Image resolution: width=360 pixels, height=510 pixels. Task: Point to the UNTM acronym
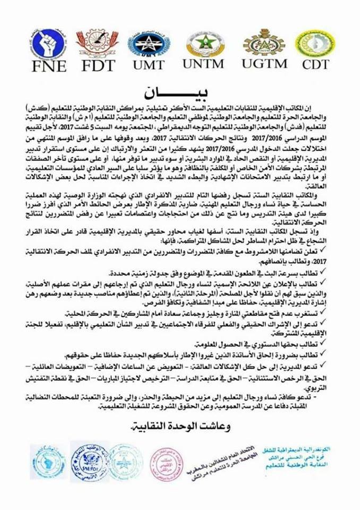[x=205, y=64]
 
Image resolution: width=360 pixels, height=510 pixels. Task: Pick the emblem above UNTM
[x=205, y=43]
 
